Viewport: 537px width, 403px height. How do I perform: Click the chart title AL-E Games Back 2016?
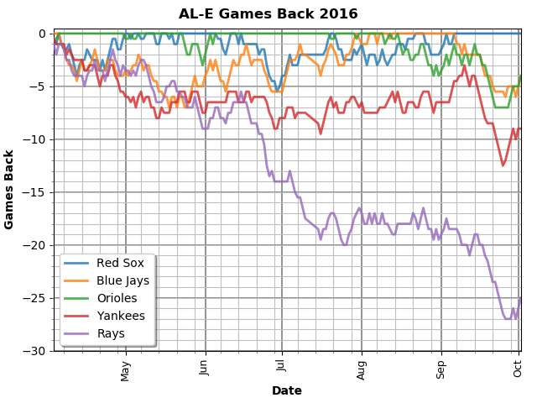click(268, 14)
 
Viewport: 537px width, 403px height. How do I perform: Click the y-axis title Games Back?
click(10, 189)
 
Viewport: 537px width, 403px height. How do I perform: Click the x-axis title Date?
click(286, 391)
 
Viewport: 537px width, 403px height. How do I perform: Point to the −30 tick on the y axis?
click(37, 351)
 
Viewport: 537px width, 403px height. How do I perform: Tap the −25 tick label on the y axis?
click(37, 298)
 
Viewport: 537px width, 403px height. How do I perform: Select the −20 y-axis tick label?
click(37, 245)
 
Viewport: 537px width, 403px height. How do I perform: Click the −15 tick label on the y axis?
click(37, 192)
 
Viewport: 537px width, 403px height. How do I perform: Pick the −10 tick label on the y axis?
click(37, 139)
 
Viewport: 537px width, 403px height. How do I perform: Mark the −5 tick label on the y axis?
click(40, 86)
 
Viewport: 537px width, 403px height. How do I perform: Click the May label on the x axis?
click(126, 369)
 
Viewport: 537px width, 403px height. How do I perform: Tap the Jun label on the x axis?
click(205, 368)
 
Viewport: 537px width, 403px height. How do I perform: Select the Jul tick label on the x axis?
click(282, 366)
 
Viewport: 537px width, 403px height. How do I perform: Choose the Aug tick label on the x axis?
click(362, 369)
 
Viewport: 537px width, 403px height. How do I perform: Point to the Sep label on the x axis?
click(441, 368)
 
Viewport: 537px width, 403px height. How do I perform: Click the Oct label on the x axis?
click(518, 367)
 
